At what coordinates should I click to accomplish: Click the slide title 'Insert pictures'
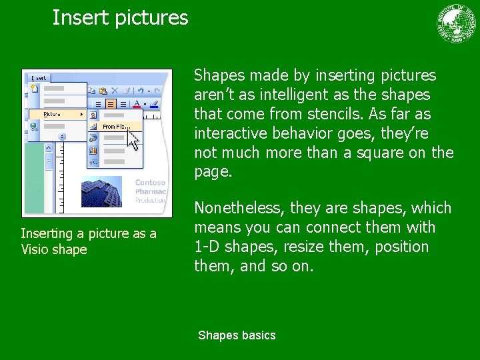pos(120,17)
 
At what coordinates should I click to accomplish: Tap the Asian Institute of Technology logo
pos(457,23)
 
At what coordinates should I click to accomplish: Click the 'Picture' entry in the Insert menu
pos(53,114)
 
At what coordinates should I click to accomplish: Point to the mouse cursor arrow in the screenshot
pos(133,139)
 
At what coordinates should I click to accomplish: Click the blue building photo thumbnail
pos(101,191)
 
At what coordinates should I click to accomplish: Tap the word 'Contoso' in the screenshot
pos(150,183)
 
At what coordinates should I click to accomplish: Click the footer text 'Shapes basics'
pos(237,335)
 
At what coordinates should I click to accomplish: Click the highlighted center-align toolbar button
pos(111,103)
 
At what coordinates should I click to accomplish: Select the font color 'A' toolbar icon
pos(137,103)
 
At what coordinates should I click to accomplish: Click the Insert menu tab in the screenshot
pos(39,78)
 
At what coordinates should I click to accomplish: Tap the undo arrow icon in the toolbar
pos(141,90)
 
